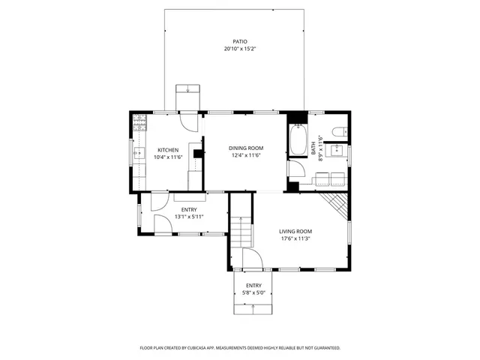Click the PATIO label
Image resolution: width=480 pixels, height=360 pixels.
240,42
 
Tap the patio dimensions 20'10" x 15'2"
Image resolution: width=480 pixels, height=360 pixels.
240,49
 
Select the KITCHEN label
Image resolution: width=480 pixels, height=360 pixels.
167,149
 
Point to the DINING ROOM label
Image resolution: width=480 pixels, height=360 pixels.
246,148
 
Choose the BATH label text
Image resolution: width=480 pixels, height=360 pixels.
313,150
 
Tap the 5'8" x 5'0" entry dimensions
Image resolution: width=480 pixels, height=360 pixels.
253,293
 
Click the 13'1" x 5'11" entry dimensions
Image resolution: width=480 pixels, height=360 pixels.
188,217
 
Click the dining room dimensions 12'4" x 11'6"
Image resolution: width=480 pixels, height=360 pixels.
246,156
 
